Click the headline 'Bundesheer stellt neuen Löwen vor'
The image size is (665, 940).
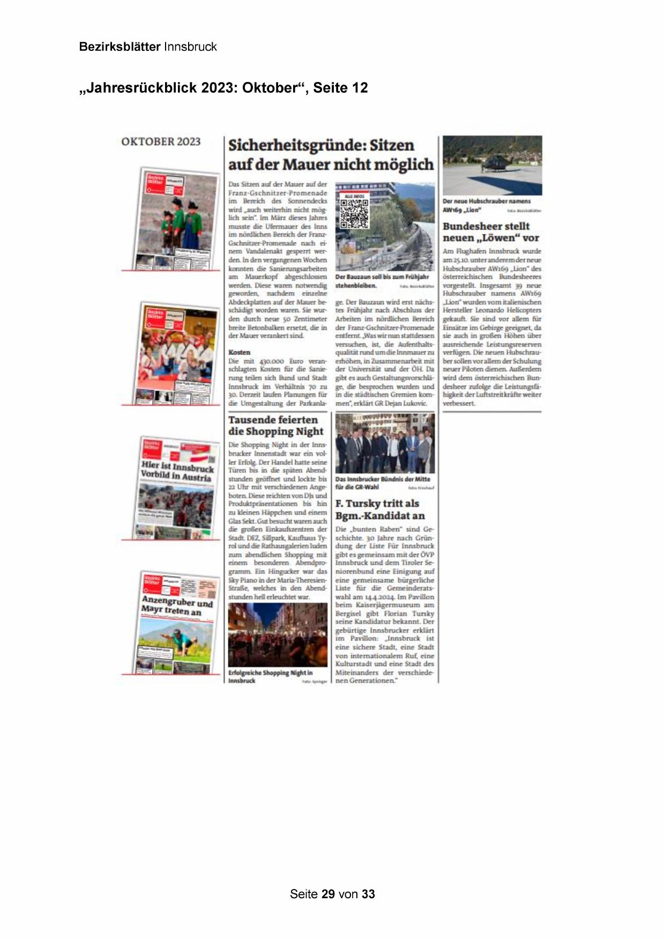pos(490,232)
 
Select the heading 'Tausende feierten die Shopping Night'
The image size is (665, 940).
pos(276,426)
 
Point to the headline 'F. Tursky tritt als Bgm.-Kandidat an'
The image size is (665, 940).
pos(380,509)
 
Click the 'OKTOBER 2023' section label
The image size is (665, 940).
pos(161,141)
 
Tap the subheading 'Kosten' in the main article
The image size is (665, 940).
pos(240,352)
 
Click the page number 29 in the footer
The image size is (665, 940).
pos(328,894)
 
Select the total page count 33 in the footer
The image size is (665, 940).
pos(368,894)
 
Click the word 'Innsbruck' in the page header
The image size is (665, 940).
pos(190,47)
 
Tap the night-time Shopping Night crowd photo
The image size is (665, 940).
pos(278,635)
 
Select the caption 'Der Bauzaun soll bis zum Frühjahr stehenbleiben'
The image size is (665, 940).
pos(382,281)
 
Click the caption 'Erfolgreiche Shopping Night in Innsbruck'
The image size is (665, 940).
pos(270,676)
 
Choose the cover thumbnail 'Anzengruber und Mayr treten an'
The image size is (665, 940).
pos(178,623)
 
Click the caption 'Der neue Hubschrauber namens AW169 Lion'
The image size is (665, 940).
pos(486,205)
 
